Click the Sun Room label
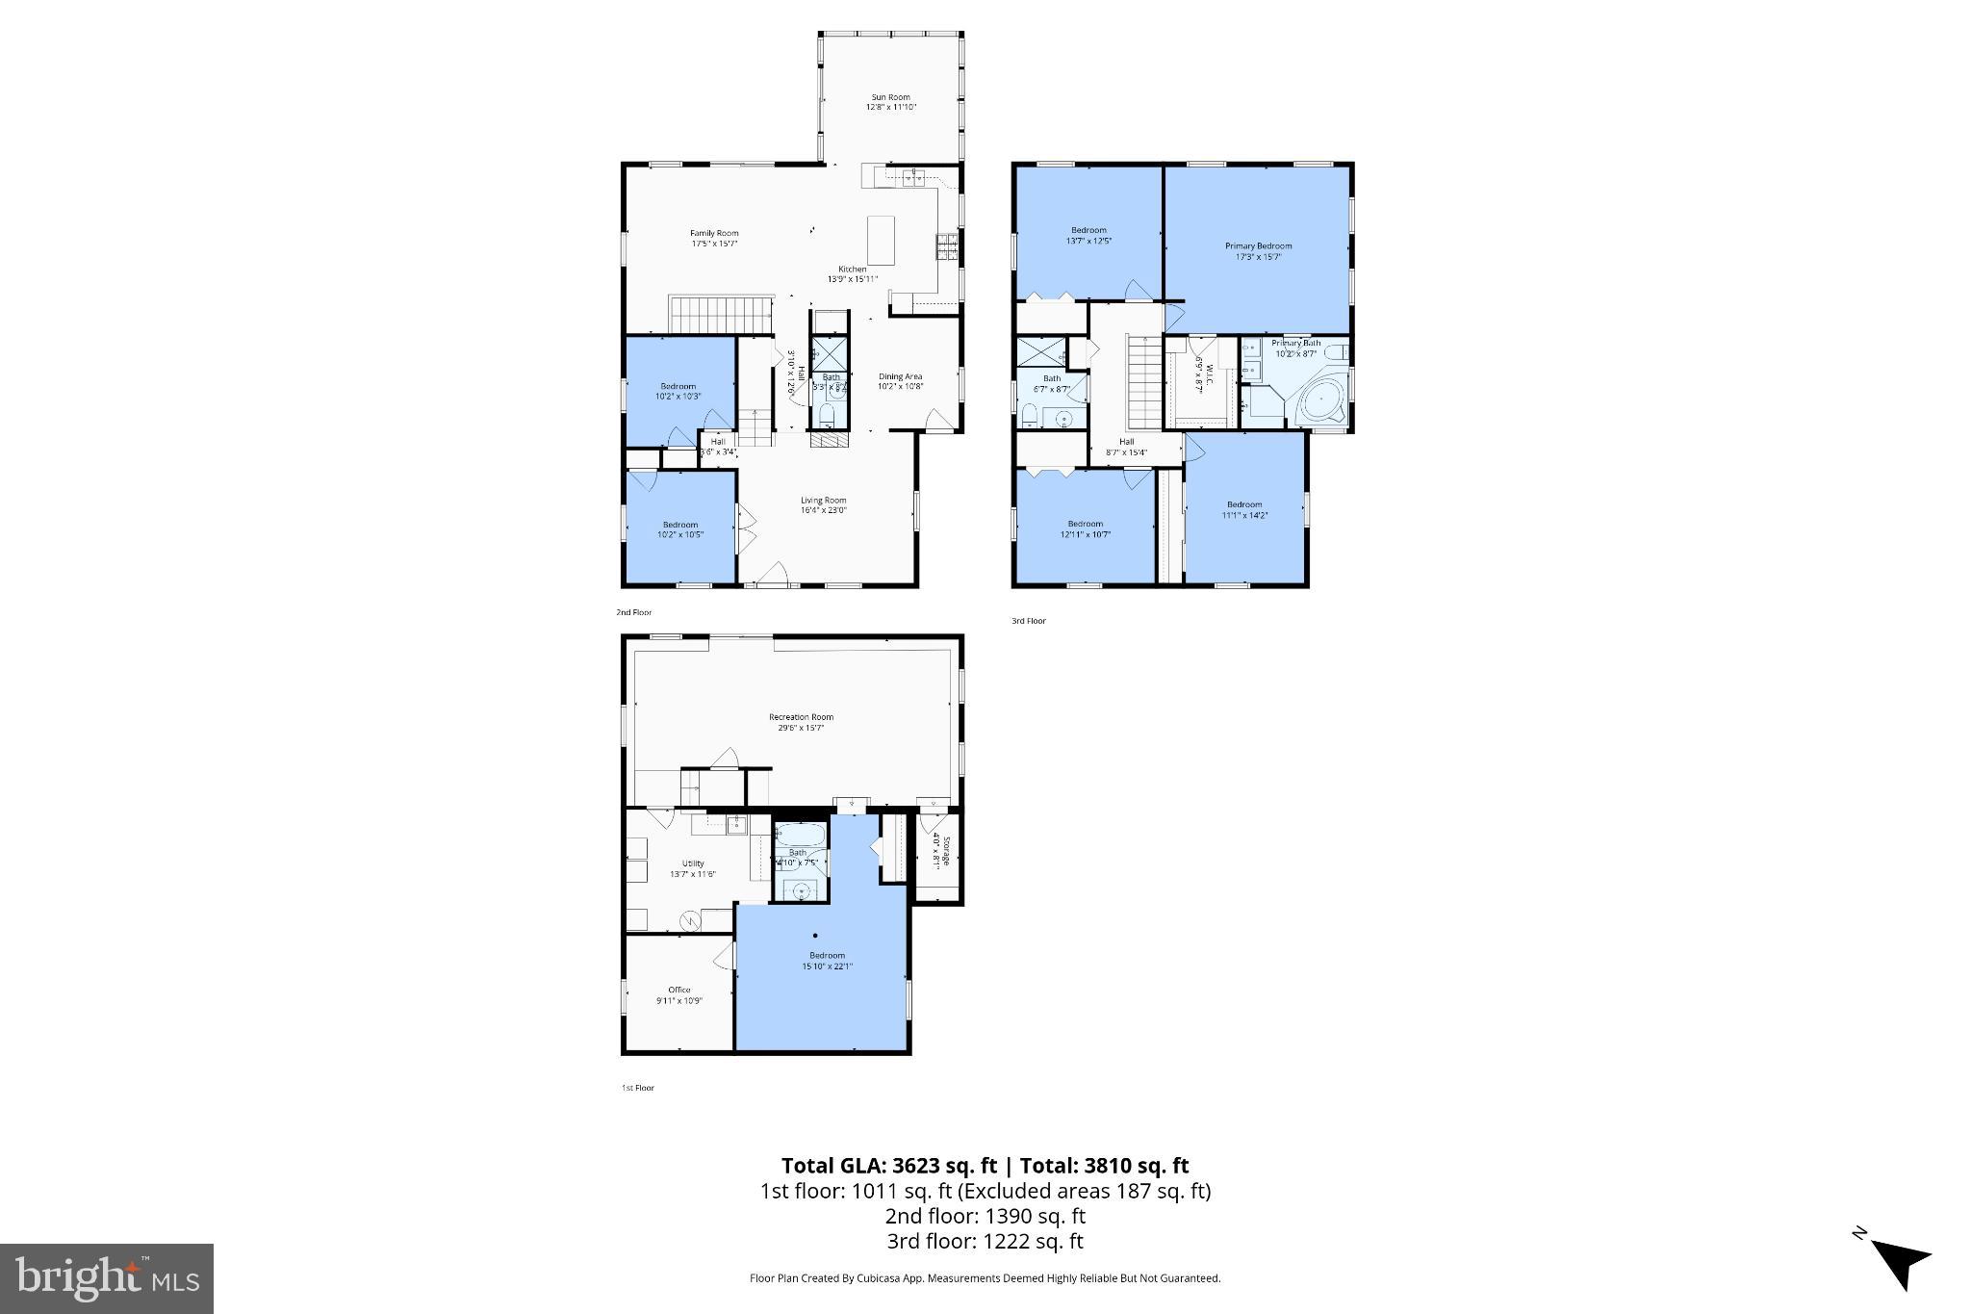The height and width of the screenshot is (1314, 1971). tap(890, 102)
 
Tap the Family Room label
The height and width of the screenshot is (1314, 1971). tap(713, 238)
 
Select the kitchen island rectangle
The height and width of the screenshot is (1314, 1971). tap(881, 241)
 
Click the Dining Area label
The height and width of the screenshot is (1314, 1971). tap(900, 381)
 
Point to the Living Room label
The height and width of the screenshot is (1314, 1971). tap(823, 504)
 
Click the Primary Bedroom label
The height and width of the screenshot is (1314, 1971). tap(1258, 251)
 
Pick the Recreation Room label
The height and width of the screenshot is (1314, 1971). tap(801, 722)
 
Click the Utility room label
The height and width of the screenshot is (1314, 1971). tap(692, 868)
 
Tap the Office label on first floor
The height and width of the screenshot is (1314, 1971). tap(679, 994)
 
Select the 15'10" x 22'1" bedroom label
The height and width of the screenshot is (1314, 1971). tap(827, 960)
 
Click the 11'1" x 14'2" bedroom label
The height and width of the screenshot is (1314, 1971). tap(1243, 509)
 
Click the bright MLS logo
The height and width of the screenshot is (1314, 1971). tap(107, 1279)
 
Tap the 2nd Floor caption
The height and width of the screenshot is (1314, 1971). tap(634, 612)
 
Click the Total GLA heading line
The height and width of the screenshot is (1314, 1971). tap(985, 1166)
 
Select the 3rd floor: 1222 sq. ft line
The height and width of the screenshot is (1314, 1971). tap(985, 1241)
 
